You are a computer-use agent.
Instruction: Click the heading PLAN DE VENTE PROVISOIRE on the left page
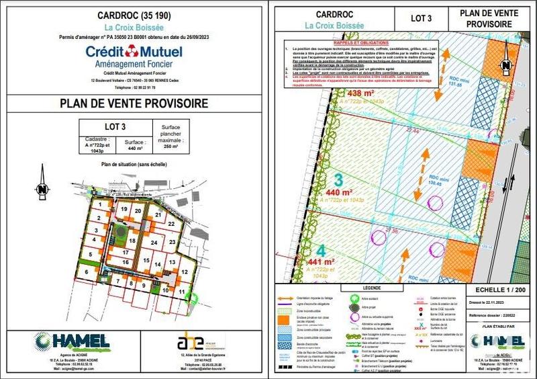click(134, 103)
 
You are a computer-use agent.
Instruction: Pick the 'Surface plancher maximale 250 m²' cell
click(171, 136)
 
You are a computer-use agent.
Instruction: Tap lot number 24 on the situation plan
click(154, 243)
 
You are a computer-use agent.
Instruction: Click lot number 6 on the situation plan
click(87, 271)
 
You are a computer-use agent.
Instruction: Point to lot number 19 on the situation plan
click(124, 209)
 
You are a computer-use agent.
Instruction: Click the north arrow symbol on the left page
click(42, 189)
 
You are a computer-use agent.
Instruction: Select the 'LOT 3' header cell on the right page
click(420, 18)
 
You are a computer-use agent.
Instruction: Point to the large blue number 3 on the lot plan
click(338, 181)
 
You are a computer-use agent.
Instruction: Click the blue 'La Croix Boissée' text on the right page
click(334, 25)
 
